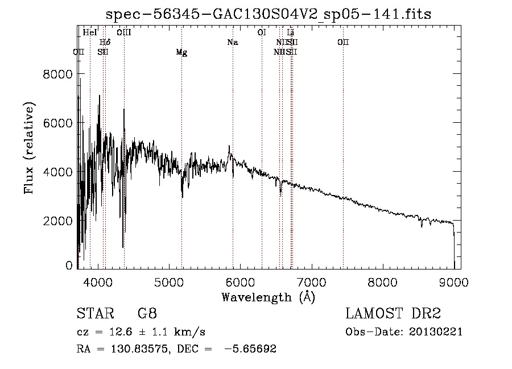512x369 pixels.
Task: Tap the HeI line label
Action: pyautogui.click(x=90, y=33)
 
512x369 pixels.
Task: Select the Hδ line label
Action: pyautogui.click(x=105, y=42)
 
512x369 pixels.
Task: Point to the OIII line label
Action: pyautogui.click(x=124, y=33)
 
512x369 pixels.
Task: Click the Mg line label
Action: pyautogui.click(x=181, y=52)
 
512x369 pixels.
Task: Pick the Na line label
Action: pyautogui.click(x=232, y=42)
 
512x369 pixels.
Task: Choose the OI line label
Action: pyautogui.click(x=262, y=33)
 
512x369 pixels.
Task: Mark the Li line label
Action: pyautogui.click(x=291, y=33)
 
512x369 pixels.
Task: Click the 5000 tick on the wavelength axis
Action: pyautogui.click(x=170, y=281)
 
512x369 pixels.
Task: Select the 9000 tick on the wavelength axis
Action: pyautogui.click(x=453, y=281)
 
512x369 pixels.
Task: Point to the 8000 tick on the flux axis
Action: pyautogui.click(x=59, y=74)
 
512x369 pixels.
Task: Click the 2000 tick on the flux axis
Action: pyautogui.click(x=59, y=221)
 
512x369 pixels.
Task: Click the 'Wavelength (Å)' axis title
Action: pyautogui.click(x=268, y=297)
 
